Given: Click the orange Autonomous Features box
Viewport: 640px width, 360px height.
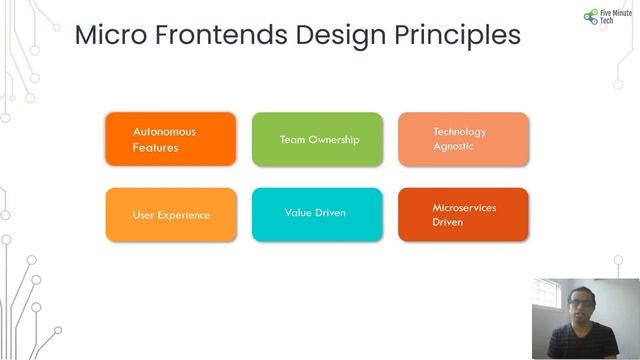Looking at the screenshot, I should tap(170, 139).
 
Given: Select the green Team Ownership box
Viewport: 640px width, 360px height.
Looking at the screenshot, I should tap(317, 139).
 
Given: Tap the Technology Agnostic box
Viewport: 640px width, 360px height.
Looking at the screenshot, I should tap(463, 139).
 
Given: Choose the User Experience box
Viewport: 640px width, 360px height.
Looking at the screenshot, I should tap(170, 215).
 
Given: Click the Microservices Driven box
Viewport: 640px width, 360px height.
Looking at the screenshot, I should tap(463, 215).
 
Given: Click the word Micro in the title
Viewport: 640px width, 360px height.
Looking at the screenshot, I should tap(109, 35).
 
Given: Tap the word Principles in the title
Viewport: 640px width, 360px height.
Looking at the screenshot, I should tap(461, 35).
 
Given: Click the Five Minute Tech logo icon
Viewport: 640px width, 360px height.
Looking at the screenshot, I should tap(590, 18).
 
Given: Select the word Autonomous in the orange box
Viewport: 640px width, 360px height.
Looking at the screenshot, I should tap(164, 131).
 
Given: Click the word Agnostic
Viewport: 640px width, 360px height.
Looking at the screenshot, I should tap(453, 147).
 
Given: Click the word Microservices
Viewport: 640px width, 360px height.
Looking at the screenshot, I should tap(464, 208).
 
